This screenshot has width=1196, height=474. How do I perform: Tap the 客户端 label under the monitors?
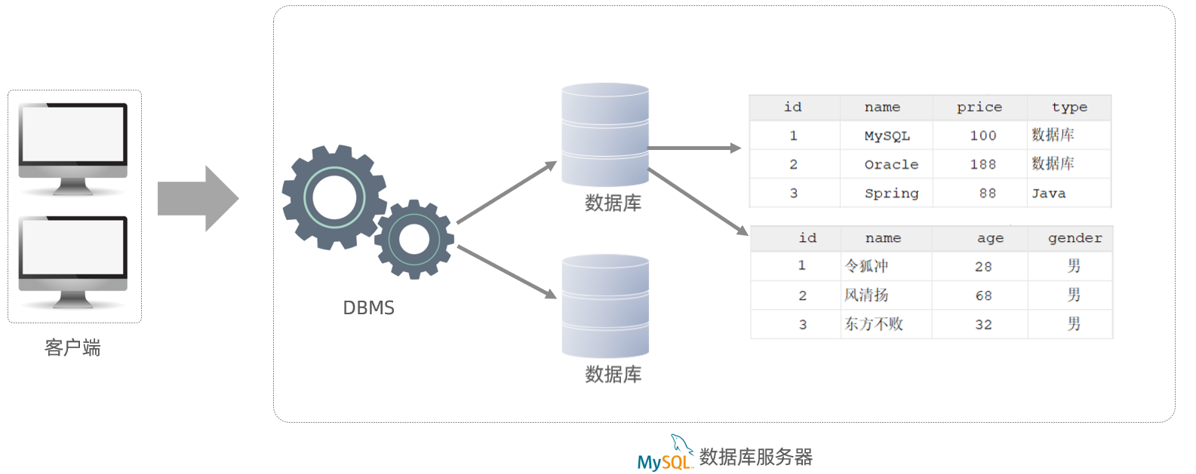[x=72, y=347]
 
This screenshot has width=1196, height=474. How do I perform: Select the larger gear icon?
[x=334, y=197]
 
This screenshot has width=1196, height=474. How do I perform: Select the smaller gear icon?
[x=414, y=240]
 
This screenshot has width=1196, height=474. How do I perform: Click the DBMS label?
[x=368, y=307]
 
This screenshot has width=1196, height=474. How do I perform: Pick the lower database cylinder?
[x=605, y=306]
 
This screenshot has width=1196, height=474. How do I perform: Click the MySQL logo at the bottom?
[x=665, y=457]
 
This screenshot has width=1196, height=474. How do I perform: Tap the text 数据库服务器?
[x=755, y=457]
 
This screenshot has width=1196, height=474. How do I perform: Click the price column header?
[x=979, y=107]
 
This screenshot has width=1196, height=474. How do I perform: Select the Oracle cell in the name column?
[x=891, y=164]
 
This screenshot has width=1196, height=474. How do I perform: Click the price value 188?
[x=982, y=164]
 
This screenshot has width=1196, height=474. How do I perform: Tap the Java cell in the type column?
[x=1049, y=194]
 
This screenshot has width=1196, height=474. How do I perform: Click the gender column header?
[x=1075, y=238]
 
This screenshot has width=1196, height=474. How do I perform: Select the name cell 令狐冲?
[x=866, y=266]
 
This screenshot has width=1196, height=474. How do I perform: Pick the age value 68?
[x=983, y=295]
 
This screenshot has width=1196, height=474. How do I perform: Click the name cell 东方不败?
[x=874, y=324]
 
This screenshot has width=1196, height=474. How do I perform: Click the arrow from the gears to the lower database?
[x=506, y=271]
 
